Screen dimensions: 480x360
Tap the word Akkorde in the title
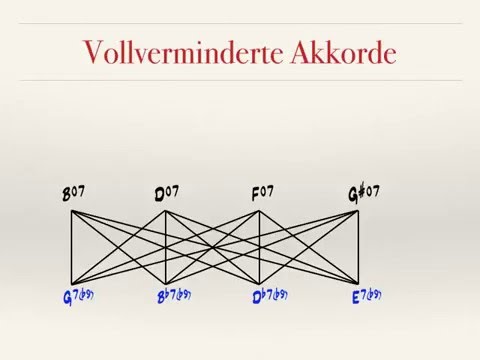pyautogui.click(x=344, y=53)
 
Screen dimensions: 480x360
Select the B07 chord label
pyautogui.click(x=72, y=193)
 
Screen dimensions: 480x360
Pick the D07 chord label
pyautogui.click(x=166, y=193)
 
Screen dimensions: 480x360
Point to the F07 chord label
pyautogui.click(x=261, y=193)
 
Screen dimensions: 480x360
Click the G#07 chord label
pyautogui.click(x=363, y=193)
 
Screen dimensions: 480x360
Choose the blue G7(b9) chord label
pyautogui.click(x=76, y=296)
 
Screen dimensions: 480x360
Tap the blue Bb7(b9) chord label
pyautogui.click(x=173, y=296)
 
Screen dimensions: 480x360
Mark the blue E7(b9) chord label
pyautogui.click(x=366, y=296)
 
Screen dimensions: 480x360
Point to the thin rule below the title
pyautogui.click(x=240, y=80)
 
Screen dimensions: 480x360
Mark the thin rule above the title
pyautogui.click(x=240, y=23)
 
